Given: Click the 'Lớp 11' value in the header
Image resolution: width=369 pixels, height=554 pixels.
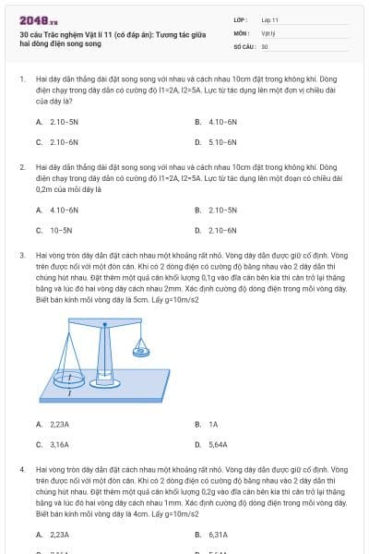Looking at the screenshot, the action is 270,18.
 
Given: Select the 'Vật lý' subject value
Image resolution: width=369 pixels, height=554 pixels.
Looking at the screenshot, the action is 268,32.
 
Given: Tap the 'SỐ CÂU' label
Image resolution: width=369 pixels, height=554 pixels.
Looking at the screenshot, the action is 244,45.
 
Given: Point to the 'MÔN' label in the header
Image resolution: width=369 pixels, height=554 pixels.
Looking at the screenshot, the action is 242,32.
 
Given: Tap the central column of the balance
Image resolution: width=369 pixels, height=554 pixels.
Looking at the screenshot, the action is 106,351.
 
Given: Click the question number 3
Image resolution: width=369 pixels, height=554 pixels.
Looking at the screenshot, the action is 21,254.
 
